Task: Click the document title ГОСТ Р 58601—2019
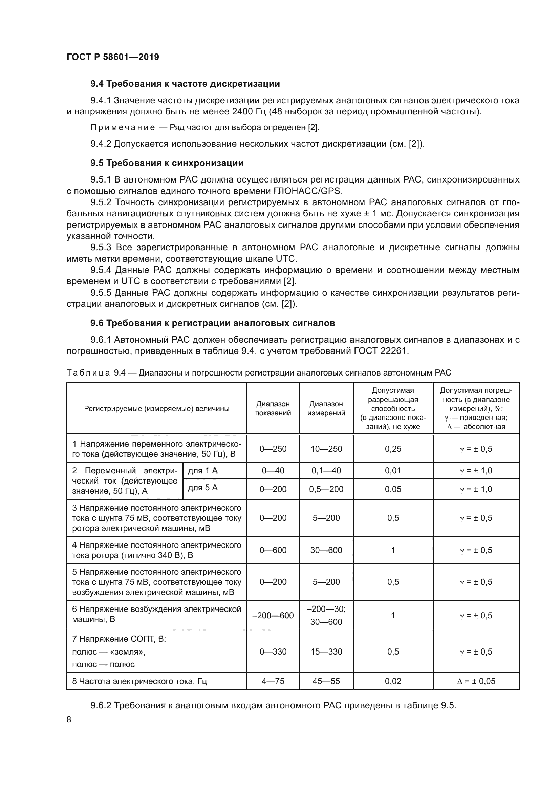pyautogui.click(x=113, y=57)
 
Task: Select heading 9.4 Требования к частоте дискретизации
pyautogui.click(x=185, y=84)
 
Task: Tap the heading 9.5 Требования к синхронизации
pyautogui.click(x=167, y=163)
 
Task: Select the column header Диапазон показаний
pyautogui.click(x=273, y=408)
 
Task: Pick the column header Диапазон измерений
pyautogui.click(x=326, y=408)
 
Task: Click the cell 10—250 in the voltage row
pyautogui.click(x=326, y=449)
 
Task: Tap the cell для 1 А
pyautogui.click(x=203, y=471)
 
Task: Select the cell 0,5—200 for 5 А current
pyautogui.click(x=326, y=489)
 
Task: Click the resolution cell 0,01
pyautogui.click(x=393, y=471)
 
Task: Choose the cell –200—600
pyautogui.click(x=273, y=615)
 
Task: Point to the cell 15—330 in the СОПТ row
pyautogui.click(x=326, y=651)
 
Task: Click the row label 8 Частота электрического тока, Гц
pyautogui.click(x=139, y=681)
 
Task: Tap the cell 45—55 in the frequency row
pyautogui.click(x=326, y=681)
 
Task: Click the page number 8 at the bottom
pyautogui.click(x=69, y=717)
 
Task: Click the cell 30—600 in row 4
pyautogui.click(x=326, y=550)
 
